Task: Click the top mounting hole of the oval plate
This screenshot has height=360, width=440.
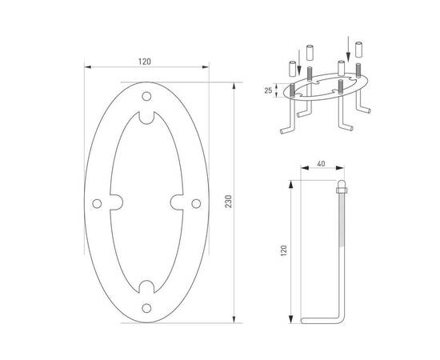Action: click(x=146, y=96)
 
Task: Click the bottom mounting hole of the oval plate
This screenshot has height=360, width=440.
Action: click(x=146, y=308)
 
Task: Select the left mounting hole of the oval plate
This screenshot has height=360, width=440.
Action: click(x=97, y=204)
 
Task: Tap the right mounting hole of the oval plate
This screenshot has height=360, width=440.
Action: click(x=196, y=204)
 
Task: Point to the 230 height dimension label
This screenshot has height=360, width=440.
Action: click(x=229, y=202)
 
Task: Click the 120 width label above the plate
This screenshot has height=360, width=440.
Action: click(x=145, y=62)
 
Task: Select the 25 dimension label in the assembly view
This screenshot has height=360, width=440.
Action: click(x=268, y=90)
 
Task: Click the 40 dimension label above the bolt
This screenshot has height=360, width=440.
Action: click(x=321, y=163)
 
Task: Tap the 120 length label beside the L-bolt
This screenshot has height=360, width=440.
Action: click(x=284, y=250)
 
